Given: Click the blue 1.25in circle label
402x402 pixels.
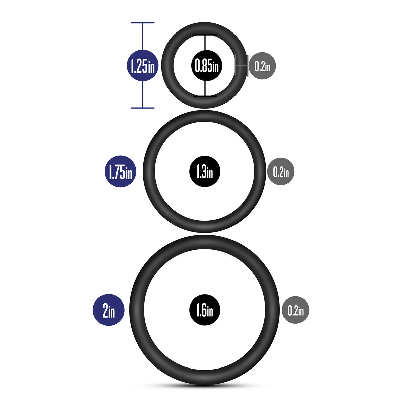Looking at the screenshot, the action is tap(143, 66).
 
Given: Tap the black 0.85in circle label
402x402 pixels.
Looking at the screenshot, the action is tap(207, 66).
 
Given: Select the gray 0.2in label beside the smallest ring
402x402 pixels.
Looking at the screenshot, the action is tap(262, 66).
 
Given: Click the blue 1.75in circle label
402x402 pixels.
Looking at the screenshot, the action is tap(120, 171).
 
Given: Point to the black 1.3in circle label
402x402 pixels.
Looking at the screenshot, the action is tap(205, 171).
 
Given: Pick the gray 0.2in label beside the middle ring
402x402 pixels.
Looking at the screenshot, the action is tap(281, 171).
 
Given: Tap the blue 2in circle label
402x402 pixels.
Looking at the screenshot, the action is tap(109, 310).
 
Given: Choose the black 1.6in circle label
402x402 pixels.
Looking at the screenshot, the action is tap(205, 310).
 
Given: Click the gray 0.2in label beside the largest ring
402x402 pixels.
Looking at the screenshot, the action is tap(295, 310).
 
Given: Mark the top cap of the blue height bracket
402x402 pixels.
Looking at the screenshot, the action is tap(143, 23).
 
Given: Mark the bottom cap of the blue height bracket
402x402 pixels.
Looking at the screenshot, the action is tap(143, 108).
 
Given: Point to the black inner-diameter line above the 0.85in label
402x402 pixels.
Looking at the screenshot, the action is tap(205, 42).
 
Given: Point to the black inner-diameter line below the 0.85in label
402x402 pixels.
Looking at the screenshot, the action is tap(205, 88).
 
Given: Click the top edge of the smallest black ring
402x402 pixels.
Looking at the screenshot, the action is tap(205, 28).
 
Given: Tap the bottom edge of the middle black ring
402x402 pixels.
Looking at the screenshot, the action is tap(205, 227).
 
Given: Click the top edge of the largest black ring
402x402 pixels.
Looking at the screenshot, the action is tap(205, 242).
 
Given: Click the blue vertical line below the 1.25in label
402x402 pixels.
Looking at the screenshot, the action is tap(143, 94).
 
